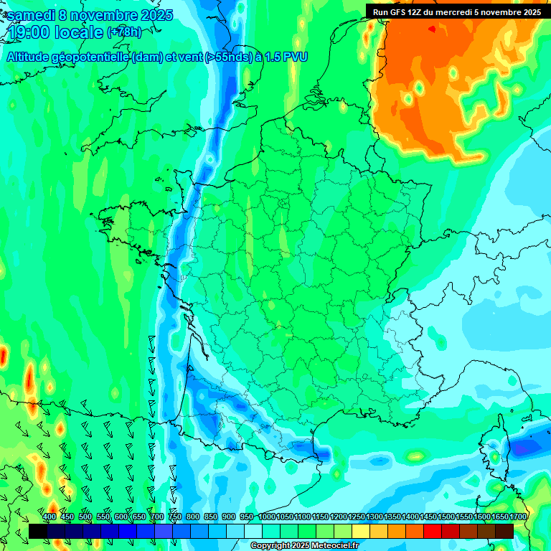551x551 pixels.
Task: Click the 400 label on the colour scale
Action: click(50, 517)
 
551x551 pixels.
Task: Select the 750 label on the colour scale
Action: click(175, 517)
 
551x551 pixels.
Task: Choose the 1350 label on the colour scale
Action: click(392, 517)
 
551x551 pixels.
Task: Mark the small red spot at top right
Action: click(432, 29)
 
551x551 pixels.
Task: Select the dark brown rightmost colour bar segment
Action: click(504, 531)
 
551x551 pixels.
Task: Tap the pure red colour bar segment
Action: click(433, 531)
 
